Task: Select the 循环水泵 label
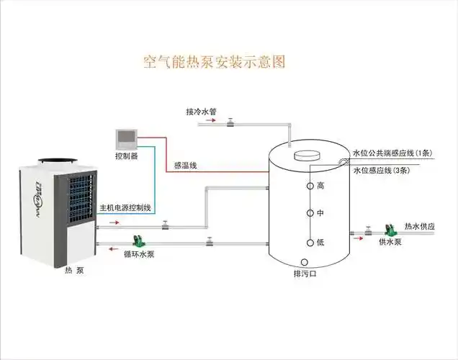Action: point(138,254)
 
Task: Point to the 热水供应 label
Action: point(420,226)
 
